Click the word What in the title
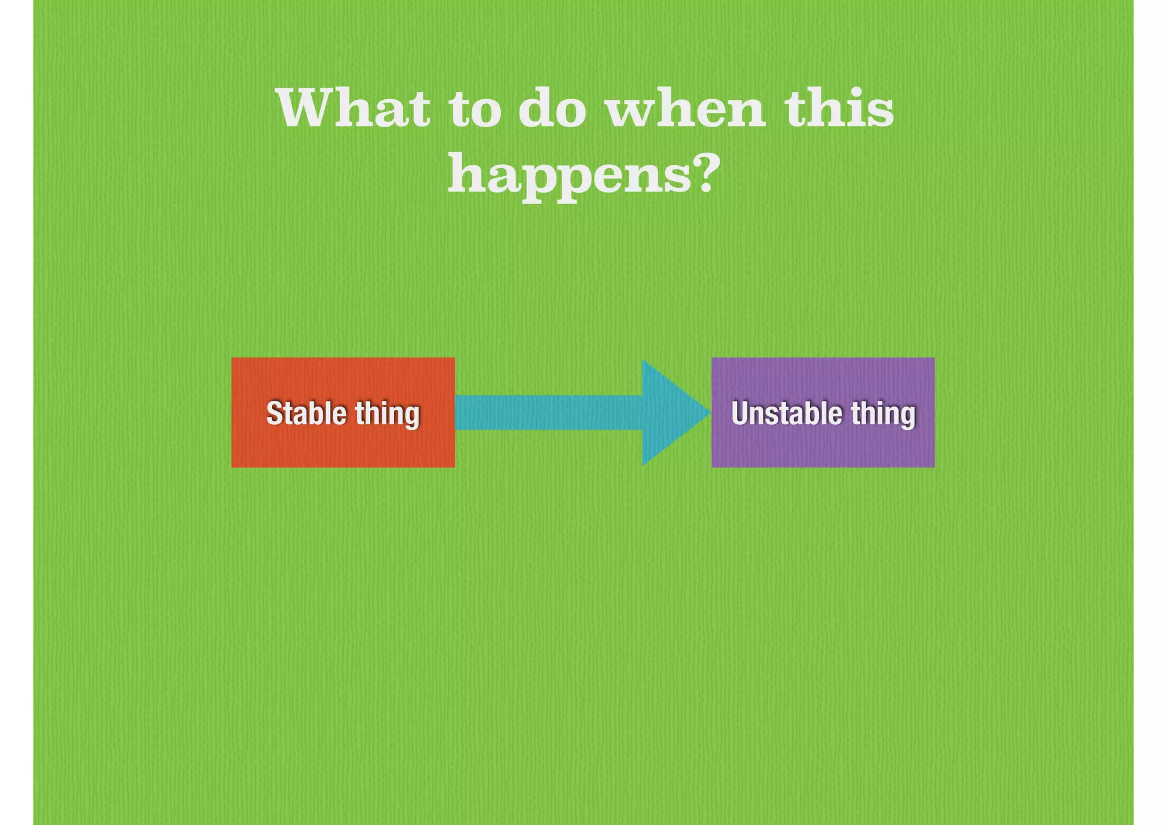[353, 108]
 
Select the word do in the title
[552, 108]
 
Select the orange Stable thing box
[343, 445]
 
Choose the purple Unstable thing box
[823, 445]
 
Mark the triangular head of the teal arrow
[672, 412]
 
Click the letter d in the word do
[536, 108]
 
